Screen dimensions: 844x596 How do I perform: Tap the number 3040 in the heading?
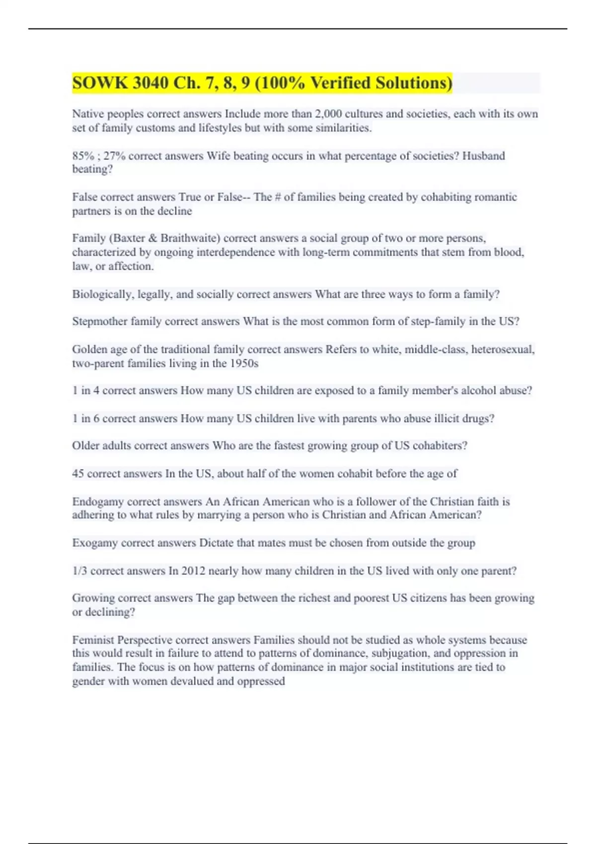pos(151,83)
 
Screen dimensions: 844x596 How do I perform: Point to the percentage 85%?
pos(83,156)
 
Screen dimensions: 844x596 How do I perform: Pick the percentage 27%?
pos(114,156)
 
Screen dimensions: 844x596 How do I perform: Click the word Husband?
pos(483,156)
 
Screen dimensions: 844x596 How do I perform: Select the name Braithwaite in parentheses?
pos(189,238)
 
